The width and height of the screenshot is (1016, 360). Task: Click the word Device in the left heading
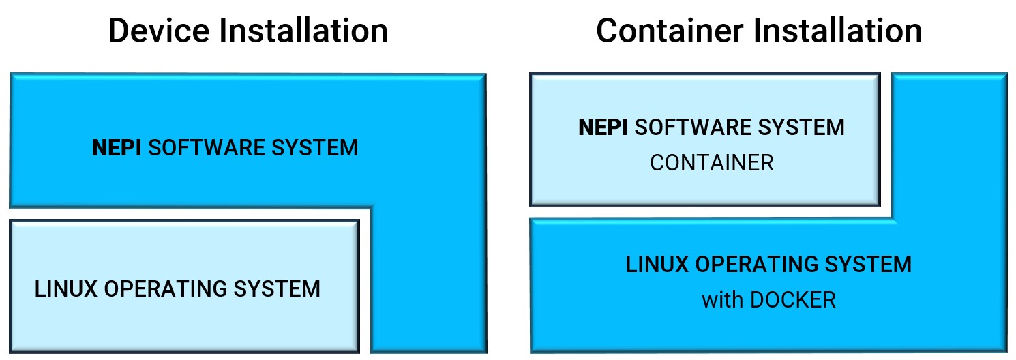point(158,31)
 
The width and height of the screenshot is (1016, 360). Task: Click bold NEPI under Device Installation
point(117,148)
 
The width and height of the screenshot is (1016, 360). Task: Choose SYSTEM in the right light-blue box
point(806,127)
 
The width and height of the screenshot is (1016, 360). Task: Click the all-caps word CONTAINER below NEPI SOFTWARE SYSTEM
point(712,164)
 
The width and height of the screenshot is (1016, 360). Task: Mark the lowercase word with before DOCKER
point(722,300)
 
